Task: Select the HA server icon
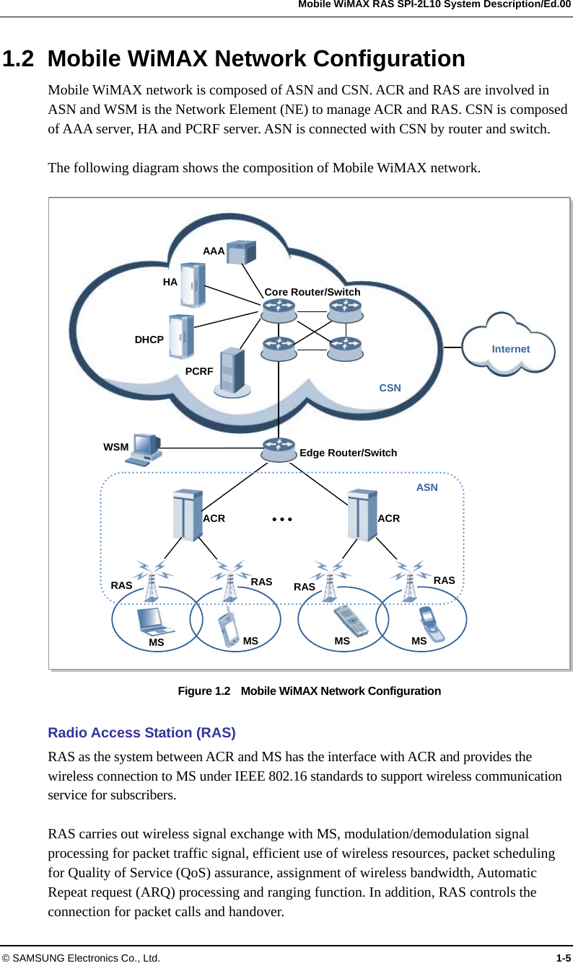tap(192, 285)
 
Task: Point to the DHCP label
tap(149, 339)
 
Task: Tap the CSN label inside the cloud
tap(390, 388)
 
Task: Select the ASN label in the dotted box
tap(427, 487)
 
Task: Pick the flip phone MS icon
tap(432, 623)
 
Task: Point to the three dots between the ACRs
tap(281, 518)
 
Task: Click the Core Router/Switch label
tap(312, 292)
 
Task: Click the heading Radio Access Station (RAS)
tap(141, 733)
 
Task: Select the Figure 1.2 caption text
tap(309, 691)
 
